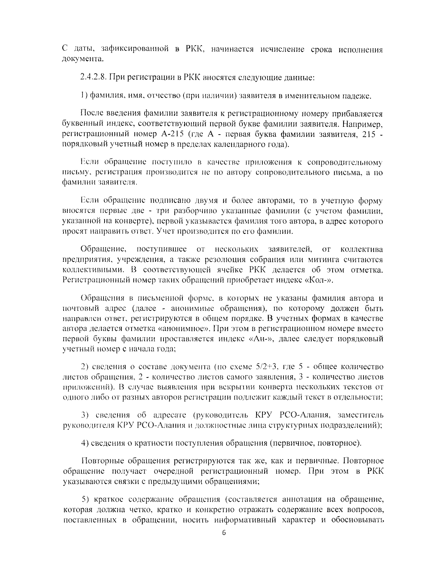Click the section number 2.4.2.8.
[94, 77]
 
